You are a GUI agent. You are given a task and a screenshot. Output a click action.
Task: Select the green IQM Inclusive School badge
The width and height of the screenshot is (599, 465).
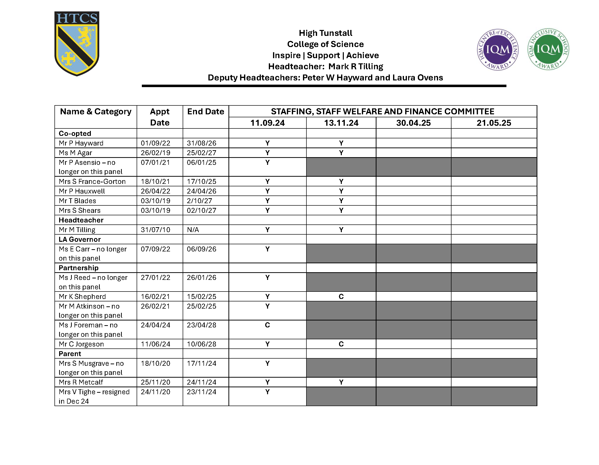click(548, 49)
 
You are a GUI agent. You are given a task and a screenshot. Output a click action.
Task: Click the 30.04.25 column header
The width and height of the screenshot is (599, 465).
click(413, 123)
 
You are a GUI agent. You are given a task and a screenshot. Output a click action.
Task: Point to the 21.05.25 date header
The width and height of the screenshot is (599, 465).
click(494, 123)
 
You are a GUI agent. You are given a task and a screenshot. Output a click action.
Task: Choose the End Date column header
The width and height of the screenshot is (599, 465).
click(205, 112)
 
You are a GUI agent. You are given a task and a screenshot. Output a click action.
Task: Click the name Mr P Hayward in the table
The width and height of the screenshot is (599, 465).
click(81, 143)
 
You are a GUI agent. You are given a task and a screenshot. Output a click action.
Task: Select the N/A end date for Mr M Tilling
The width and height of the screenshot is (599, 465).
click(193, 230)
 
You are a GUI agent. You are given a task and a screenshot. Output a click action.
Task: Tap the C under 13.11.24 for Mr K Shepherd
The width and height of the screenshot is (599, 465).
click(341, 296)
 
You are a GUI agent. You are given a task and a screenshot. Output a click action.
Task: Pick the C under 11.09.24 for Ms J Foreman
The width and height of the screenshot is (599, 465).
click(267, 325)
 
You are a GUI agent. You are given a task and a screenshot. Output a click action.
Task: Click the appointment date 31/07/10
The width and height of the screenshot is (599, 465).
click(155, 230)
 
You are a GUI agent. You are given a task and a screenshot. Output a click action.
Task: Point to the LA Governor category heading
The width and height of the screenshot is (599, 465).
click(79, 239)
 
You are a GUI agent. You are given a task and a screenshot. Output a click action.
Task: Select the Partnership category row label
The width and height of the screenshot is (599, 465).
click(78, 268)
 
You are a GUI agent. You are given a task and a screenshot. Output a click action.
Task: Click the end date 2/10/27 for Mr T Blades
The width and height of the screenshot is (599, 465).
click(200, 201)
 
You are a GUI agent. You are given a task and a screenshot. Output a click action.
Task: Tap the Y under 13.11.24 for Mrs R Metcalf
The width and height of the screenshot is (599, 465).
click(341, 382)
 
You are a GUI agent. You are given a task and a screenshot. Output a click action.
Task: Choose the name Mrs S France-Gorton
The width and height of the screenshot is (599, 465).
click(92, 181)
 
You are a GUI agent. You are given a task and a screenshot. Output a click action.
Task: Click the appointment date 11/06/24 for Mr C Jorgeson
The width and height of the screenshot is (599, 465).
click(155, 344)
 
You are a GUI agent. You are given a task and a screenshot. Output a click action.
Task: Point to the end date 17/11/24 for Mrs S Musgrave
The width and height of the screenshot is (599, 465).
click(201, 363)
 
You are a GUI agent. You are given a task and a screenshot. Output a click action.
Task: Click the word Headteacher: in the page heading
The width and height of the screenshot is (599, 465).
click(297, 66)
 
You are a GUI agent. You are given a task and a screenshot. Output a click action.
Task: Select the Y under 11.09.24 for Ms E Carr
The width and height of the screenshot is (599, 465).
click(267, 249)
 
